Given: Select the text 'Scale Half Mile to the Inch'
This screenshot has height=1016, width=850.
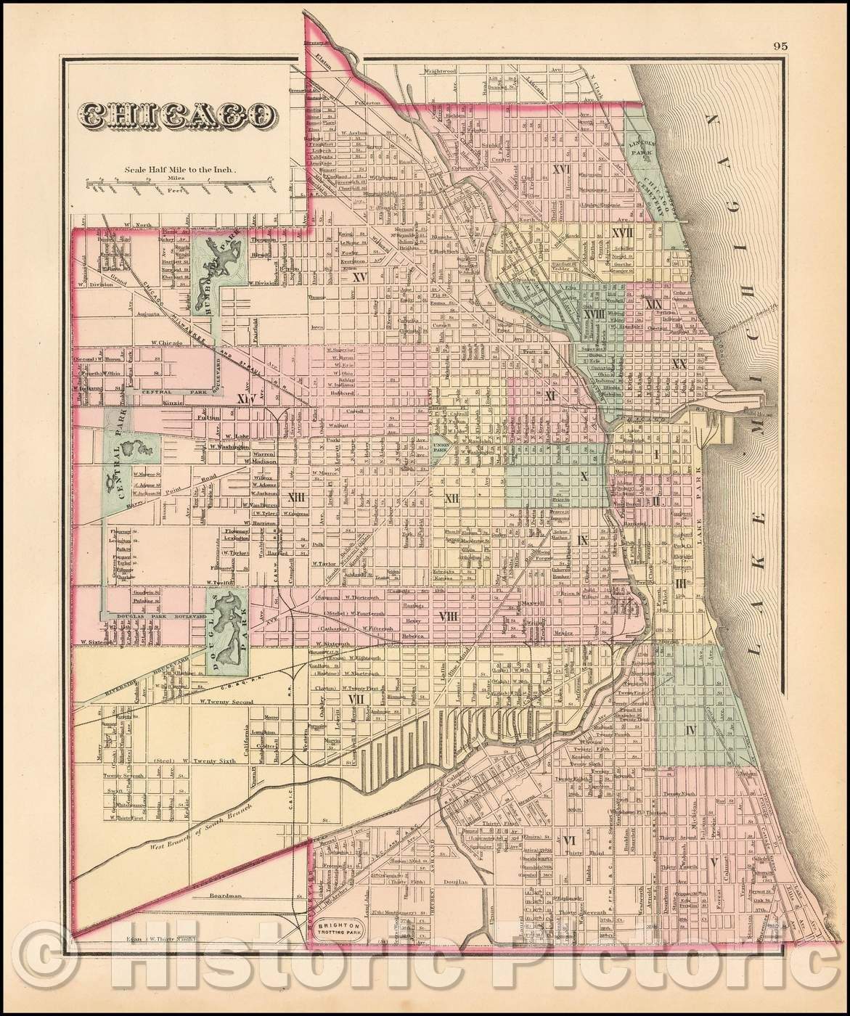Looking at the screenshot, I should click(180, 169).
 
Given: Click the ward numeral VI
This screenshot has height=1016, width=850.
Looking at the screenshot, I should click(569, 840).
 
